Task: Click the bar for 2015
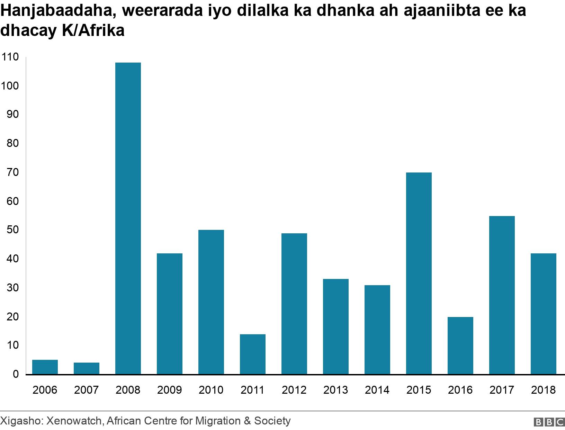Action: [419, 273]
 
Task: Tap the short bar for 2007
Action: [86, 368]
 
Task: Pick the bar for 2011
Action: [252, 354]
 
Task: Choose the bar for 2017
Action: [502, 295]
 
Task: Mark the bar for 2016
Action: [460, 345]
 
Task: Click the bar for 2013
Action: [335, 326]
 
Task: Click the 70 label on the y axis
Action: [12, 172]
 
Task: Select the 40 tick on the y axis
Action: [12, 259]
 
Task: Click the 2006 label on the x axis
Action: [45, 390]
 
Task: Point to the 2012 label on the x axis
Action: [294, 390]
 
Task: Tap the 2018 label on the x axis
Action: [543, 390]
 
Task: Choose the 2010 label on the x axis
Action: [211, 390]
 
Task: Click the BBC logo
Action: [549, 422]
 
